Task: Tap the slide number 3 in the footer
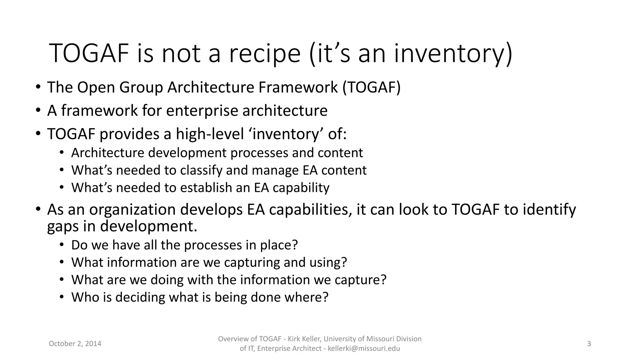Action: click(589, 344)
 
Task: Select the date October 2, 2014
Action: click(75, 344)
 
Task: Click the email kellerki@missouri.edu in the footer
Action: click(364, 349)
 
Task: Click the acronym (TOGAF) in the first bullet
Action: click(371, 87)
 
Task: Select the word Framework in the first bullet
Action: click(298, 87)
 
